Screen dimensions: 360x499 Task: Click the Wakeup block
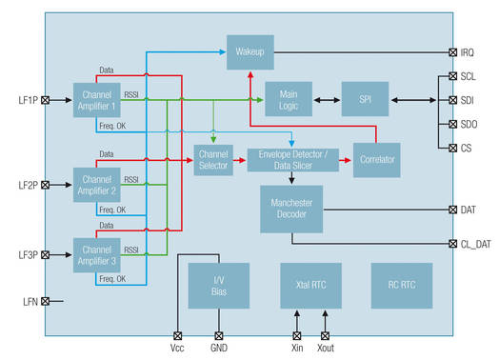tap(250, 51)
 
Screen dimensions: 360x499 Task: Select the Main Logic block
tap(289, 99)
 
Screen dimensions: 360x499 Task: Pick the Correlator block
tap(378, 159)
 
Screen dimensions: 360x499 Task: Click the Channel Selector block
tap(213, 159)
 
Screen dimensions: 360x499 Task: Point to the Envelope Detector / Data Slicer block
tap(291, 159)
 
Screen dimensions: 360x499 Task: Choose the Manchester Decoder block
tap(291, 209)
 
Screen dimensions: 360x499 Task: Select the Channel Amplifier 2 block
tap(97, 184)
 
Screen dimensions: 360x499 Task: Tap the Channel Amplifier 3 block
tap(97, 256)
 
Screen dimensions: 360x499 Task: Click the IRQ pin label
tap(469, 52)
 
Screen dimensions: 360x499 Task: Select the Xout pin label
tap(326, 350)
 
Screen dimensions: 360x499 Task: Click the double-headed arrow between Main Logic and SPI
tap(327, 99)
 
